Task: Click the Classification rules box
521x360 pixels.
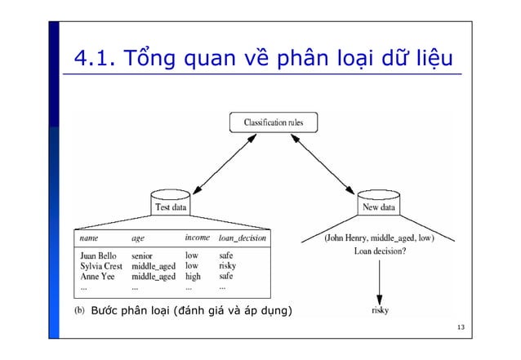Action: point(273,122)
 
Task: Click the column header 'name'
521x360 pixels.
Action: point(88,238)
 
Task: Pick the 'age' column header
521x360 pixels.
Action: point(138,238)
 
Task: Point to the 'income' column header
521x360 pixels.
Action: point(197,238)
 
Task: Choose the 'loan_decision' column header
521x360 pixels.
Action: point(242,238)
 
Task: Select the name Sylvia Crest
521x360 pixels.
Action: point(101,266)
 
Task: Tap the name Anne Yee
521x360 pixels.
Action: point(96,277)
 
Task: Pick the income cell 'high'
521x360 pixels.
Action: point(194,277)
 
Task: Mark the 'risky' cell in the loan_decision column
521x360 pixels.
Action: point(227,266)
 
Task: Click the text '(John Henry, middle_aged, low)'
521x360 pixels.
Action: point(379,238)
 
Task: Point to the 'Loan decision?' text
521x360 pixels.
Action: point(380,251)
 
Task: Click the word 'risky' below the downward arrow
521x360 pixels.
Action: point(380,311)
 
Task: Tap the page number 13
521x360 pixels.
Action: point(461,328)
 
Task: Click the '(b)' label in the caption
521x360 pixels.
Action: point(78,311)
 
